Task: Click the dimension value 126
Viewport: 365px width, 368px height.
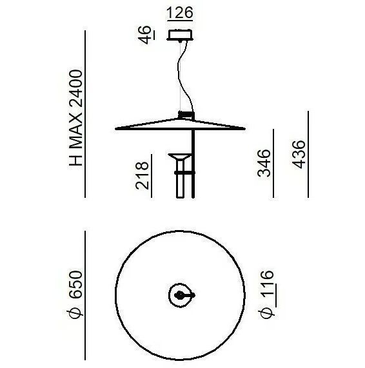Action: (180, 13)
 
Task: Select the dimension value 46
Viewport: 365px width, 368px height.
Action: (144, 35)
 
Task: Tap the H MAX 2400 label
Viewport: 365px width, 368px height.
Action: (75, 118)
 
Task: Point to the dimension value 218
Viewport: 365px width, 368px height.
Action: (143, 175)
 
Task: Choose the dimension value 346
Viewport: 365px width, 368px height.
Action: (264, 163)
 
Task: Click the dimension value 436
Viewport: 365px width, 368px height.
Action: (299, 155)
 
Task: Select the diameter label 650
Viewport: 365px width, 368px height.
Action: (75, 295)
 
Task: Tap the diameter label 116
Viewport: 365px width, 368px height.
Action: (266, 295)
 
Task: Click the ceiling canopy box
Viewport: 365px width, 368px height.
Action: (180, 35)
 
